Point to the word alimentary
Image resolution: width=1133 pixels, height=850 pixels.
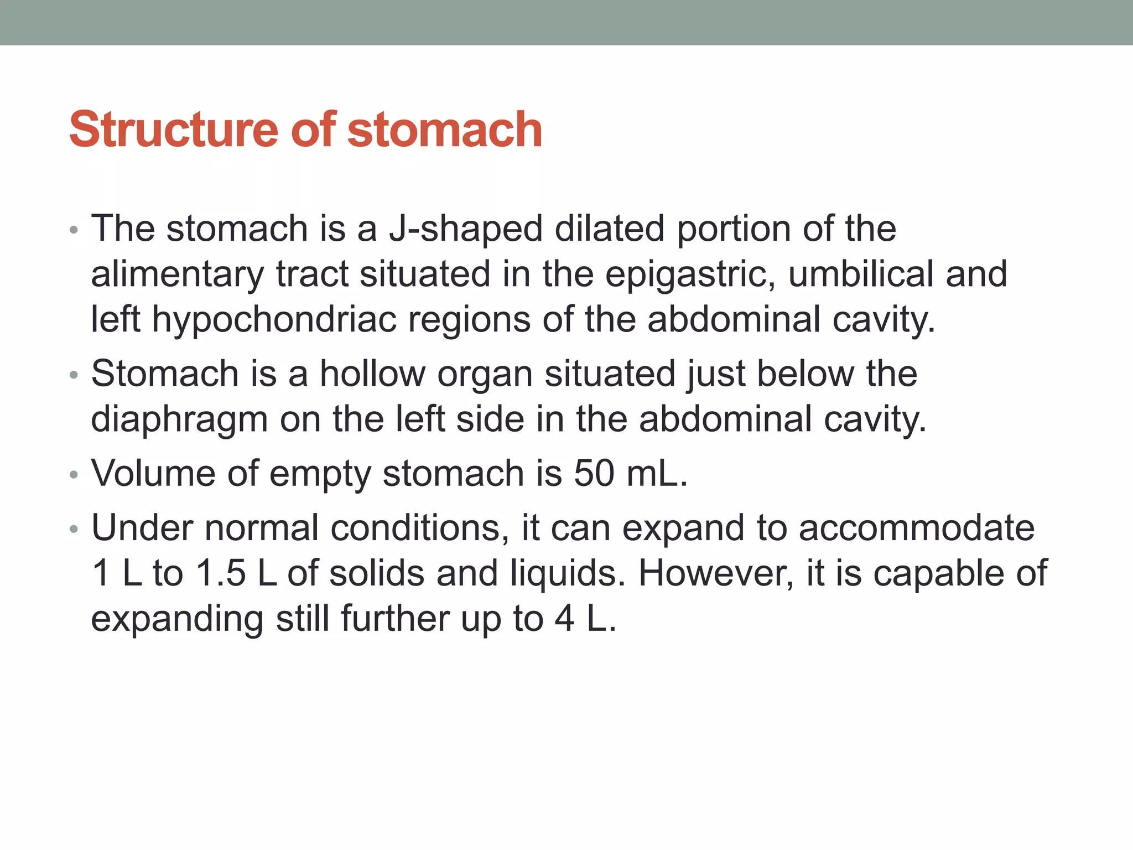(x=178, y=274)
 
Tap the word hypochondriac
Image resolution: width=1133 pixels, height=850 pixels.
(x=274, y=320)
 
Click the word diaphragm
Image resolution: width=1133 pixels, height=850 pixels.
(x=179, y=419)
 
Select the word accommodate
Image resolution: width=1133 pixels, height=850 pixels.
(x=916, y=527)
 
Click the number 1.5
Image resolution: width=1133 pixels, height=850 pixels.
(x=221, y=573)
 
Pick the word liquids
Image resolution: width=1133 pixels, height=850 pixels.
(x=567, y=573)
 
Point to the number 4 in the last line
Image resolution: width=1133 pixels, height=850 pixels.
(x=564, y=618)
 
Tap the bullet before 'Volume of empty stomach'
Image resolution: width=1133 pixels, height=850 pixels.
(x=74, y=475)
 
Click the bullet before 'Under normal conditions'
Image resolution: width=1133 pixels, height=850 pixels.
(x=74, y=529)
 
